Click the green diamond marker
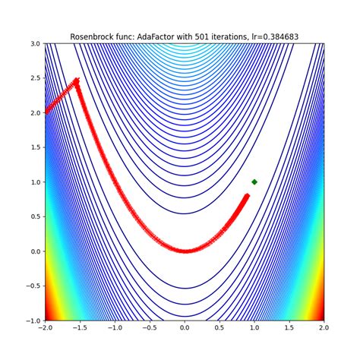click(x=254, y=182)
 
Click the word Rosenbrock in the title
click(x=96, y=36)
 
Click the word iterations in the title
click(x=234, y=36)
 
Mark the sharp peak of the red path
click(x=77, y=81)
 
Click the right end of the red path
click(x=247, y=196)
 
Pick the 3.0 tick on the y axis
click(x=35, y=43)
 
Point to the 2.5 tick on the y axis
click(x=35, y=78)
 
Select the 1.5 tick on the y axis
click(x=35, y=147)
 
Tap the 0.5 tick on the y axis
click(x=35, y=216)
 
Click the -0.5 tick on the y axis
click(x=33, y=286)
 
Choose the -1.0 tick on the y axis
click(x=33, y=321)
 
